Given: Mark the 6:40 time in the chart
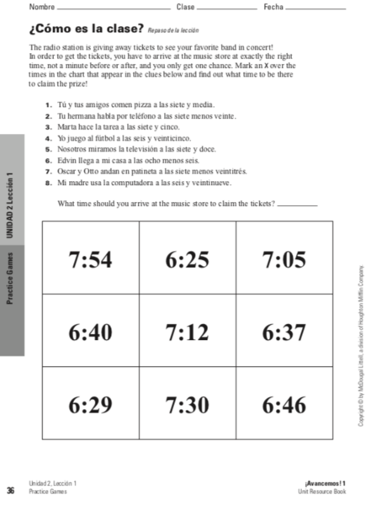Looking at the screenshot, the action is pos(90,332).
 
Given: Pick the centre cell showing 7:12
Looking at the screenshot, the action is pos(187,332).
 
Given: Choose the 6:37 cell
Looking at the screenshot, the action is pos(284,332).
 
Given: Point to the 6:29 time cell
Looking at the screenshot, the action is pos(90,405).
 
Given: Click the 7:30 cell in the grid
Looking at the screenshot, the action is pos(187,405).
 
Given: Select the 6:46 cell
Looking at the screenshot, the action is pos(284,405).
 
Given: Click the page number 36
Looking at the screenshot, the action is pos(10,490).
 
